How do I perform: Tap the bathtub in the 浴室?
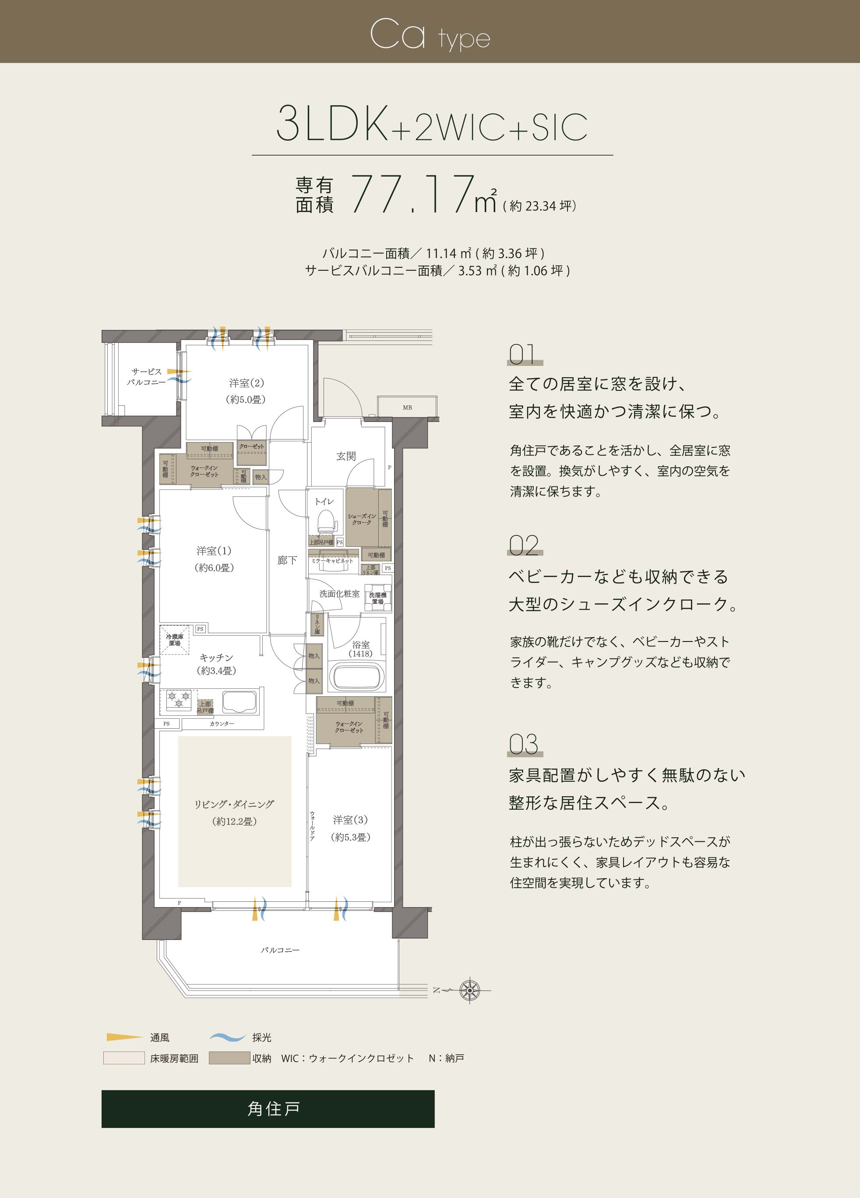point(356,677)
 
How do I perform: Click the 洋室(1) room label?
point(214,559)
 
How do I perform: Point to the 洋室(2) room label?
point(246,391)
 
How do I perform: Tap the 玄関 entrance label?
point(346,456)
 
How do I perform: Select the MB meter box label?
point(407,407)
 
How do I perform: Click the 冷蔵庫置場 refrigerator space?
point(175,640)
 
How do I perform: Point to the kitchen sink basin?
point(239,702)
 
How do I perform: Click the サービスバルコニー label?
point(146,376)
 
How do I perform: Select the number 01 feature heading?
point(523,354)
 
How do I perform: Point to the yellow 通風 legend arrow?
point(124,1037)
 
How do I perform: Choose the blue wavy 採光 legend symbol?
point(227,1037)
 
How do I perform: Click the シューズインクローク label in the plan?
point(362,519)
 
